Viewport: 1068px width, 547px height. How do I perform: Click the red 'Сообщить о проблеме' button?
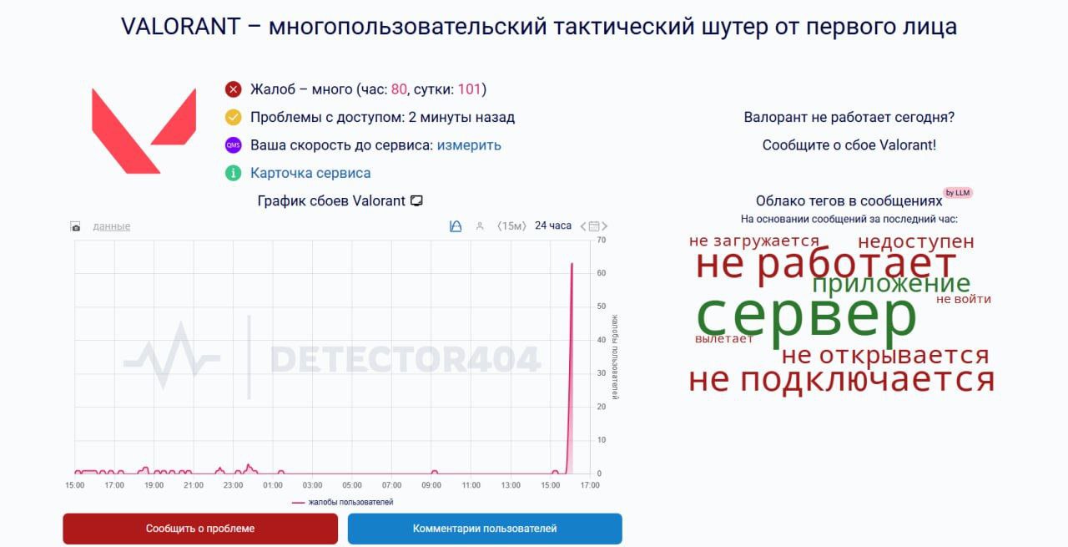(x=200, y=529)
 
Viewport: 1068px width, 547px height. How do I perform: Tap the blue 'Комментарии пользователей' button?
(x=485, y=529)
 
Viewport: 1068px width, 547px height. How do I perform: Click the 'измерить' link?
(x=469, y=145)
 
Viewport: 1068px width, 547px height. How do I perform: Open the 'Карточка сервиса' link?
(x=310, y=173)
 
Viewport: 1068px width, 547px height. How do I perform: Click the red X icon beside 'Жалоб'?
(x=233, y=89)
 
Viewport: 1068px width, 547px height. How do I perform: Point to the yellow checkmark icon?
(x=233, y=117)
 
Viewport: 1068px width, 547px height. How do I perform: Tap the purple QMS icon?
(x=233, y=145)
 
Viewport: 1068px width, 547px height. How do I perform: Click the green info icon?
(x=233, y=173)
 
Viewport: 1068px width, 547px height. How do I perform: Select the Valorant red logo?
(x=144, y=131)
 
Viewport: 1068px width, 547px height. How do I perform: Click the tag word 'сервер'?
(x=806, y=315)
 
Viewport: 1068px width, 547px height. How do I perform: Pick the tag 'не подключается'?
(x=842, y=380)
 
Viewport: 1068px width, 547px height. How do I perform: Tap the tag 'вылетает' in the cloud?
(x=723, y=338)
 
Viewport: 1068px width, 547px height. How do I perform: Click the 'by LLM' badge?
(x=958, y=193)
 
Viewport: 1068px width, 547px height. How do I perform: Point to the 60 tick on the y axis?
(x=602, y=273)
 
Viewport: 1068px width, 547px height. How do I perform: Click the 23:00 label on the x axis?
(x=233, y=485)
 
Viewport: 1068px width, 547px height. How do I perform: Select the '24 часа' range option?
(x=553, y=225)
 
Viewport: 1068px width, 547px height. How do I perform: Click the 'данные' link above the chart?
(x=112, y=226)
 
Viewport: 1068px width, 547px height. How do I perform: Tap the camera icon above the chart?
(x=75, y=226)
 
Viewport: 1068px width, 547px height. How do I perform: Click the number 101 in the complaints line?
(x=469, y=89)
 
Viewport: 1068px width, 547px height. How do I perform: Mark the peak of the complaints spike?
(x=572, y=263)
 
